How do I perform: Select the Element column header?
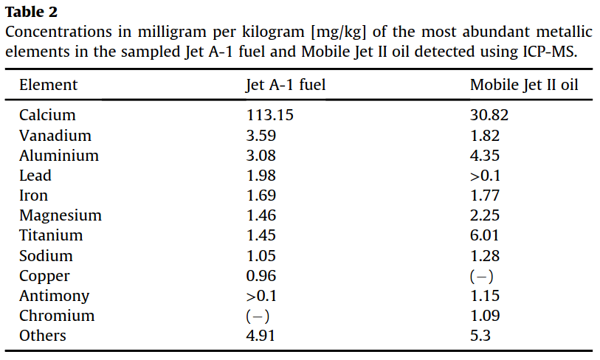point(48,85)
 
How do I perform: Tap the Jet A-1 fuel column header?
point(286,85)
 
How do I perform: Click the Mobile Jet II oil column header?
point(524,85)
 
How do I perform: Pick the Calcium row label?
point(47,116)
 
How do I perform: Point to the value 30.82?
point(489,116)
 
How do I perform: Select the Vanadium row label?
point(55,136)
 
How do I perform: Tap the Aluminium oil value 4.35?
point(485,156)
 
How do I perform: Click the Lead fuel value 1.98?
point(261,176)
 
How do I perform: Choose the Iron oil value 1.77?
point(485,195)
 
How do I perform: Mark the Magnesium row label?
point(61,216)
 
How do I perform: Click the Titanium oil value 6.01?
point(485,236)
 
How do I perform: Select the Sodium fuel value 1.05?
point(261,256)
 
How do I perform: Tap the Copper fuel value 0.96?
point(261,276)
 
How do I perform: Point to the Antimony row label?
point(54,296)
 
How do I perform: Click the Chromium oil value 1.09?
point(485,316)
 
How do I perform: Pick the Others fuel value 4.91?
point(261,336)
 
